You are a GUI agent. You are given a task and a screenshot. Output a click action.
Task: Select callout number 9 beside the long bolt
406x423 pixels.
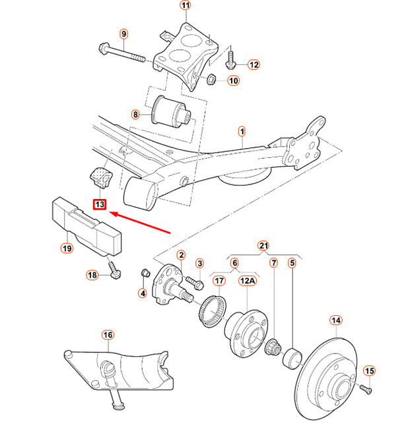(123, 34)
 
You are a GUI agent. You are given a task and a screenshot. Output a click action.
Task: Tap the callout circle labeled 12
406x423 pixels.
(254, 65)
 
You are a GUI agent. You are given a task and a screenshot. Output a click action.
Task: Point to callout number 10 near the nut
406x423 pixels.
(233, 81)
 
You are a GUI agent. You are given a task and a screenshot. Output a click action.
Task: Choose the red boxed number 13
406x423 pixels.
(99, 205)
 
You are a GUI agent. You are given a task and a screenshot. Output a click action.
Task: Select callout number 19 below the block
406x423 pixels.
(67, 249)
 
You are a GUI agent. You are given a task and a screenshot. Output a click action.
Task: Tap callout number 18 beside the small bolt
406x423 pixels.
(91, 274)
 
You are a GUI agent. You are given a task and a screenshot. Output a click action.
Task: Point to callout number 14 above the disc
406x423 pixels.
(335, 321)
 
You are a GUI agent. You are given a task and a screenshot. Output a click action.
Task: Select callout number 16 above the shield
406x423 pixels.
(108, 335)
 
